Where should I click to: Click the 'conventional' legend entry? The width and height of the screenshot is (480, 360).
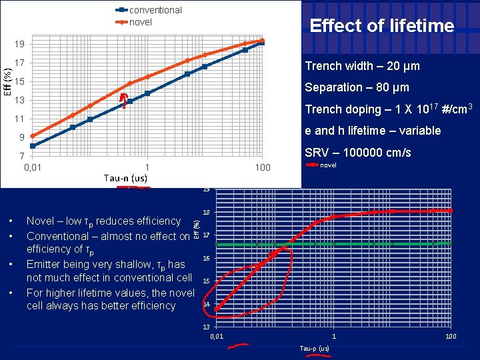point(155,10)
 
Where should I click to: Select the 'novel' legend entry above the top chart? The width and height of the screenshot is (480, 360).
point(140,22)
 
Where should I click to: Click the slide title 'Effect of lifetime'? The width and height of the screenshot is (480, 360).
point(382,26)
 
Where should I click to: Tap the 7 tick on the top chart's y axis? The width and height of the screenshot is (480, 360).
point(20,156)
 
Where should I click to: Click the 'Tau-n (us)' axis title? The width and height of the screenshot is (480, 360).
point(125,178)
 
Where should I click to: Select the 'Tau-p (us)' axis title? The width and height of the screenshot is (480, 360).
point(315,349)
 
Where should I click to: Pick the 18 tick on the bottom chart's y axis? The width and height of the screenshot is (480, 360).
point(206,212)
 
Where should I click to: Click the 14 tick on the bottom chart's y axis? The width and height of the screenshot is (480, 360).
point(206,304)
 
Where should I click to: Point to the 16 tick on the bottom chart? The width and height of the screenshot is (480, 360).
point(206,258)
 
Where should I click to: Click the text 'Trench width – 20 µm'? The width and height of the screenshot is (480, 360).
point(362,66)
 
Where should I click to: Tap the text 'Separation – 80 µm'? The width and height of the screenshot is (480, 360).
point(357,87)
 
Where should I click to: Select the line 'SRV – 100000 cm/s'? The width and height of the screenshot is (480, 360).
point(358,153)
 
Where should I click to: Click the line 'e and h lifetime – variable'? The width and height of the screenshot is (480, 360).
point(373,131)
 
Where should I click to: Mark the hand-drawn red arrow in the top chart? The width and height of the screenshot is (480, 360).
point(124,101)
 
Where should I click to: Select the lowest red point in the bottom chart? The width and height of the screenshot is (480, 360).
point(217,309)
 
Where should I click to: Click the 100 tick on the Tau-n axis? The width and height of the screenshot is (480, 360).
point(263,167)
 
